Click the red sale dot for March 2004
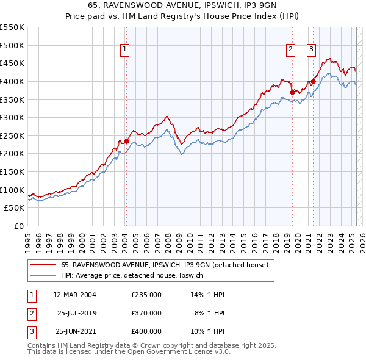pos(126,141)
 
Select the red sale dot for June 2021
pos(313,81)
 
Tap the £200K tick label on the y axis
pos(13,154)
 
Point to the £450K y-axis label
pos(13,63)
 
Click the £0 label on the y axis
pos(18,226)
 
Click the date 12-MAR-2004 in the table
pos(74,295)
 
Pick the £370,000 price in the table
pos(146,313)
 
